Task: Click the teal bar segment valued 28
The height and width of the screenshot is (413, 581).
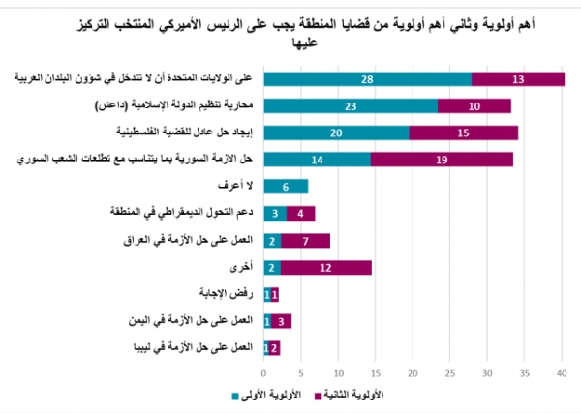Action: (x=368, y=79)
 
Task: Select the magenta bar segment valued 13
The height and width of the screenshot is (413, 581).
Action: (x=519, y=79)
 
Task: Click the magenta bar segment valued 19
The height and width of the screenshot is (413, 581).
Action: (x=442, y=160)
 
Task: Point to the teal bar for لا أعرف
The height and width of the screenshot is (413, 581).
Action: (x=286, y=187)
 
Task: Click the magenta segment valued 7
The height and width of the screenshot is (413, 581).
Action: (x=306, y=240)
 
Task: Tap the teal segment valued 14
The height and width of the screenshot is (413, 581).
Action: (x=318, y=160)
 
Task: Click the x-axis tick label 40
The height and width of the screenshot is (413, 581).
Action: (x=563, y=372)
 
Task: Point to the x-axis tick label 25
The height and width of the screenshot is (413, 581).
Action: (x=450, y=372)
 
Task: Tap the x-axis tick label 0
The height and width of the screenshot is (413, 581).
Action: (x=264, y=372)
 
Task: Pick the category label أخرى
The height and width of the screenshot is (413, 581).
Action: (x=242, y=267)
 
